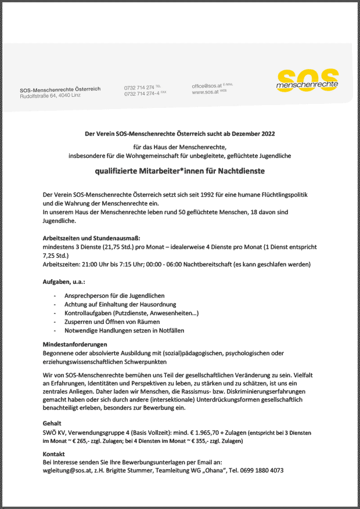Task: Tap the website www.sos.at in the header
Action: pyautogui.click(x=204, y=92)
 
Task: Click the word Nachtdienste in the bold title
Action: pyautogui.click(x=240, y=171)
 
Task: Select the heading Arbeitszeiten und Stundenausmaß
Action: pyautogui.click(x=91, y=239)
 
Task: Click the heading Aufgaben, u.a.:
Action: pyautogui.click(x=64, y=281)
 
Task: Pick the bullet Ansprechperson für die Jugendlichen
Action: pyautogui.click(x=114, y=295)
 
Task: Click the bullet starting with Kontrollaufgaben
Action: pyautogui.click(x=132, y=313)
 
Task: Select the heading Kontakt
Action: pyautogui.click(x=54, y=453)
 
